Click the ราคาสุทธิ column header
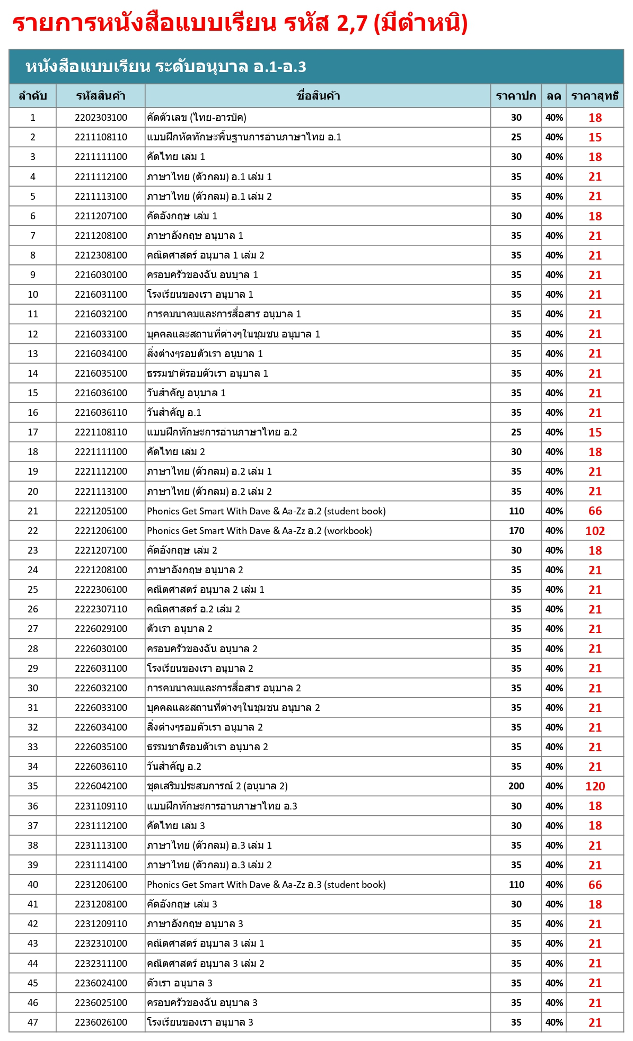coord(595,96)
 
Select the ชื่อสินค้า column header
coord(318,96)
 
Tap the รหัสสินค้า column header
coord(101,96)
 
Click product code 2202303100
coord(101,118)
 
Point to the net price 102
coord(595,531)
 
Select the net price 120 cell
coord(595,786)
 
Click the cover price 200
coord(516,786)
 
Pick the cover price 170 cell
coord(516,531)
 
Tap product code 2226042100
coord(101,786)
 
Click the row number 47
coord(33,1022)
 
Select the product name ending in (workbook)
coord(259,531)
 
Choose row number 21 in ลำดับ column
coord(33,511)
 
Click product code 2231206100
coord(101,885)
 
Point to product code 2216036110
coord(101,413)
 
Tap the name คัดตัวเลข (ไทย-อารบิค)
coord(197,118)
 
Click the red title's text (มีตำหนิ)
coord(420,23)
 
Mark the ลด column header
coord(554,96)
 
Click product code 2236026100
coord(101,1022)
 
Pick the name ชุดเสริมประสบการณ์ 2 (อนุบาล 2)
coord(217,786)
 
